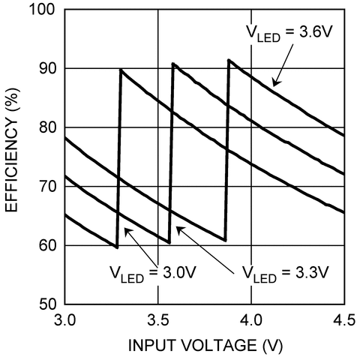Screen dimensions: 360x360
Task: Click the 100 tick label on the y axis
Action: pos(42,10)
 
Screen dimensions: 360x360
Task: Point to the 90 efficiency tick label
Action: pos(47,68)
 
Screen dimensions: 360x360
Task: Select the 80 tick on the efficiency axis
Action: pos(47,127)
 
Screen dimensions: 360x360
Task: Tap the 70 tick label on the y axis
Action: pos(47,187)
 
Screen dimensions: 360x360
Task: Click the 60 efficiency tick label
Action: pos(47,246)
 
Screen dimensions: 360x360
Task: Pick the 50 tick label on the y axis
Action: pos(47,304)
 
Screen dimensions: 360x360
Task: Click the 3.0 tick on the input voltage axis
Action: pos(64,320)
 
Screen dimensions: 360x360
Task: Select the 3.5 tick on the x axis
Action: pos(158,320)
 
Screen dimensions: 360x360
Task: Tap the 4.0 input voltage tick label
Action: pos(251,320)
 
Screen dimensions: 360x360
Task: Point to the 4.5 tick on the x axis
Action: pos(344,320)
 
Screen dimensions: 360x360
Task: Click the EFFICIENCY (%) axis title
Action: pos(12,150)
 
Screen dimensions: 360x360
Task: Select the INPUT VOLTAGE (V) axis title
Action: pos(205,346)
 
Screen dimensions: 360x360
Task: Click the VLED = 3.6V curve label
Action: pos(289,33)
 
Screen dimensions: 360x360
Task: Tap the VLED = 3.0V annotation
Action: pos(152,274)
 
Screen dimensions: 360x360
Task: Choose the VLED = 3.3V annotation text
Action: pos(285,274)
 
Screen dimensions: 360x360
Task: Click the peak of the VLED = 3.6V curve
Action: pos(229,60)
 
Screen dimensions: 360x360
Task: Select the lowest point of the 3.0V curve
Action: pos(117,247)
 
